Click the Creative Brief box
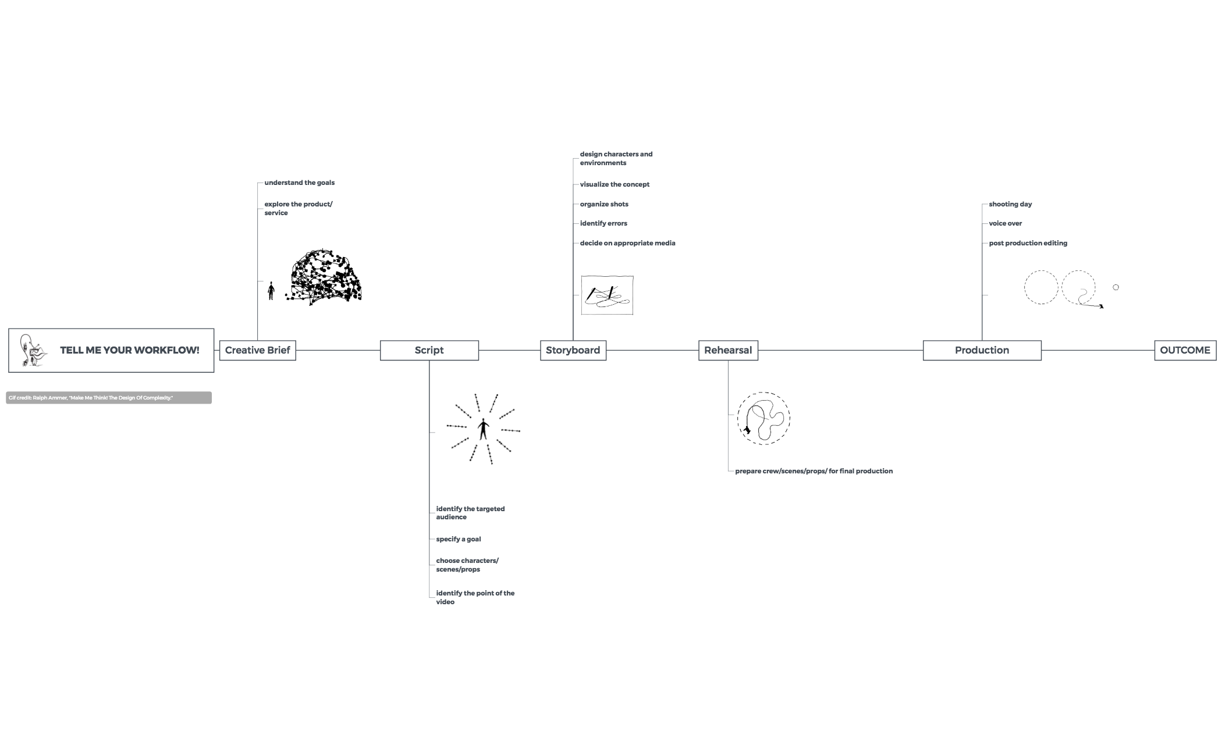click(x=257, y=350)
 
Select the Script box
click(x=429, y=350)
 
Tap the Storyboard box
click(x=573, y=350)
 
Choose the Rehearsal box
click(x=728, y=350)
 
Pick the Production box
click(x=982, y=350)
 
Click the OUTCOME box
click(x=1185, y=350)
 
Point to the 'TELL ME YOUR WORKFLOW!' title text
click(x=130, y=350)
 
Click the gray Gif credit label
click(x=109, y=398)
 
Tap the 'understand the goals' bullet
click(x=299, y=183)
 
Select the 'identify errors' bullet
click(x=603, y=223)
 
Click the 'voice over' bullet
click(x=1005, y=223)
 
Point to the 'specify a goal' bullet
click(x=459, y=539)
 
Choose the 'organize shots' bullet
click(x=604, y=204)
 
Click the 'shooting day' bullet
click(x=1010, y=204)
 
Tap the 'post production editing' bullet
click(x=1028, y=243)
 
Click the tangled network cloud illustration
click(x=325, y=277)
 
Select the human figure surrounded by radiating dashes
click(x=483, y=429)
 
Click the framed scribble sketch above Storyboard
click(x=607, y=295)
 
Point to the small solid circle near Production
click(x=1116, y=287)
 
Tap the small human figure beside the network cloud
click(x=271, y=291)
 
